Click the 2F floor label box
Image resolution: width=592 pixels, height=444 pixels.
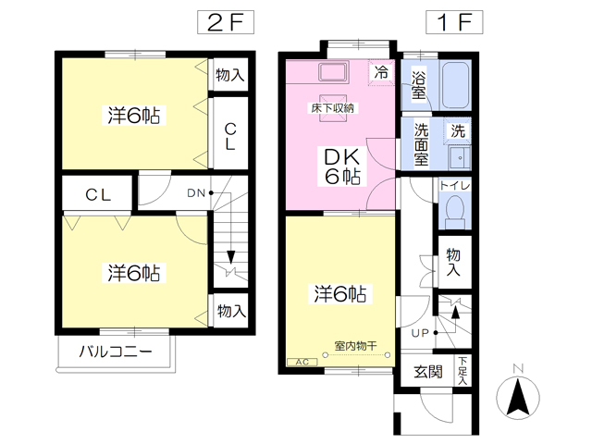point(226,22)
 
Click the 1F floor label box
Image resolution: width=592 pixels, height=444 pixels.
point(454,22)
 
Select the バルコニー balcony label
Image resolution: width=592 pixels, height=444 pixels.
point(116,351)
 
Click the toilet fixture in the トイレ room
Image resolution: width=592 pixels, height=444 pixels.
point(455,212)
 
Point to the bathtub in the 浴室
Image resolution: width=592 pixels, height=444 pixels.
point(455,85)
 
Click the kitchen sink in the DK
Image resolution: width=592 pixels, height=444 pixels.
point(333,72)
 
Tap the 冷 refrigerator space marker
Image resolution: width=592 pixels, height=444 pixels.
point(381,72)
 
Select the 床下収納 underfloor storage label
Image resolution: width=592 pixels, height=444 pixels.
point(333,108)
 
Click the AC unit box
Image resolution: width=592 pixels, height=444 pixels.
point(302,362)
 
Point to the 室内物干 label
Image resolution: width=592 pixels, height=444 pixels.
point(355,345)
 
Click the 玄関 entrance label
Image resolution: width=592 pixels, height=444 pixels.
point(427,372)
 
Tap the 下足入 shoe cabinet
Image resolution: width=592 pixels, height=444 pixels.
point(462,370)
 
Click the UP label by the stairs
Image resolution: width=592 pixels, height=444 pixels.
point(420,333)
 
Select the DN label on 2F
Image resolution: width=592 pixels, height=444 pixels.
point(196,193)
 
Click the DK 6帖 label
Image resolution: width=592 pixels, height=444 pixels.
point(342,166)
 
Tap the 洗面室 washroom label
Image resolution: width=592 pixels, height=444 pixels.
point(421,144)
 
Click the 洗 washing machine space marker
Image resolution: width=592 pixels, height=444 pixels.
point(458,131)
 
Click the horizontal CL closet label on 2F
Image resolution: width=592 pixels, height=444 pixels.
point(98,195)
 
